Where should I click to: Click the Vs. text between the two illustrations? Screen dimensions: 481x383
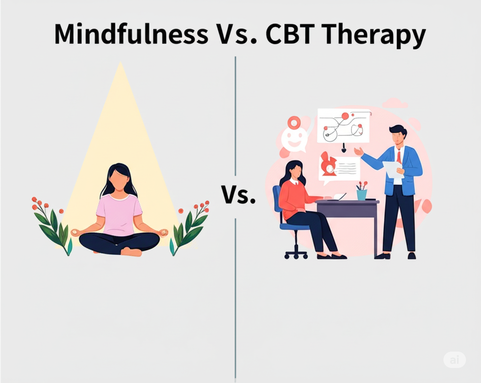click(238, 195)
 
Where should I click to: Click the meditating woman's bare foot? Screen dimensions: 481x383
click(132, 252)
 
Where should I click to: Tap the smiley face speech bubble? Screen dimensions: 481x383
click(294, 139)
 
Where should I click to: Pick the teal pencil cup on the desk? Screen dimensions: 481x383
click(362, 195)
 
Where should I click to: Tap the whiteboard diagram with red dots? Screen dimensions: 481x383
click(343, 126)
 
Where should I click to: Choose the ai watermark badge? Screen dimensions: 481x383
click(454, 360)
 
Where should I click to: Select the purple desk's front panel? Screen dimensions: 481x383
click(347, 211)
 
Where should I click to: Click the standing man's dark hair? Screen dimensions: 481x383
click(398, 130)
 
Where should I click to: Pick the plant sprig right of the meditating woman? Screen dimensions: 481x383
click(189, 227)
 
